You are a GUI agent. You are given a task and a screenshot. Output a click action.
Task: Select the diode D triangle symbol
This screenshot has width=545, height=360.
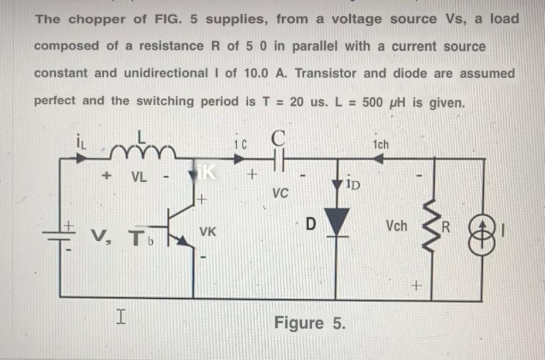(335, 219)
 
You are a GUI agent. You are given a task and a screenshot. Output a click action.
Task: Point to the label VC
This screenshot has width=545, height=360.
(280, 193)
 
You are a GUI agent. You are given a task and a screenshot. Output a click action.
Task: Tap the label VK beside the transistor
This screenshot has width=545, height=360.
(208, 232)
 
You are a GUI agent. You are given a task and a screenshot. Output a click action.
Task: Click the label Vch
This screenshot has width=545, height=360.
(397, 226)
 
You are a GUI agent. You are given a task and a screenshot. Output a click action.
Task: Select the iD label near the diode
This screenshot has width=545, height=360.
(352, 185)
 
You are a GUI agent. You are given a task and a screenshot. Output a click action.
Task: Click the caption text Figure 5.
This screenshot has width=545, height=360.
(309, 323)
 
